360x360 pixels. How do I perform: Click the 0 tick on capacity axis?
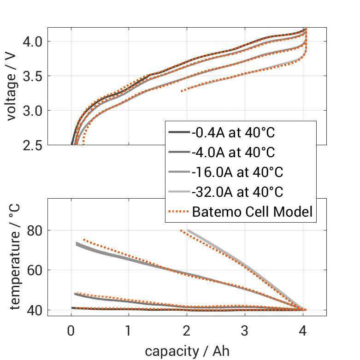[71, 331]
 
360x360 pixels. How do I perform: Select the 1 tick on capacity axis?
[129, 331]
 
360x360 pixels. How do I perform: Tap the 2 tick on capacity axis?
[187, 331]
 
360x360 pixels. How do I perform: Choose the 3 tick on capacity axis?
[245, 331]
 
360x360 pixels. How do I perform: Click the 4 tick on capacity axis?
[303, 331]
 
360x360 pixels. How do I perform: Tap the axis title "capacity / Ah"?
[187, 351]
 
